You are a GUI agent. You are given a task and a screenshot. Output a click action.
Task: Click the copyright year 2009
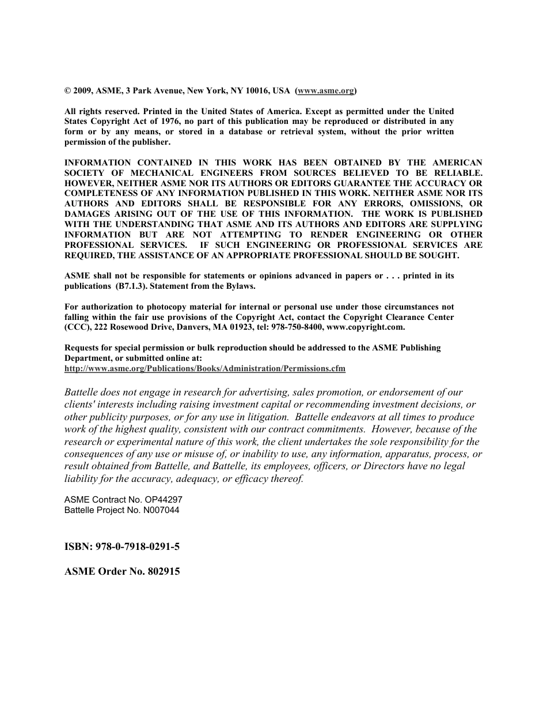coord(82,90)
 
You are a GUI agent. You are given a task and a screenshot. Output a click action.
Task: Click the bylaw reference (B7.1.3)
coord(131,286)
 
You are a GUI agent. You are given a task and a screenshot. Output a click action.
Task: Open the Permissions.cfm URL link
coord(205,368)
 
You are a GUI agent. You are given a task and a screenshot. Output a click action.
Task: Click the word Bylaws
coord(240,286)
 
